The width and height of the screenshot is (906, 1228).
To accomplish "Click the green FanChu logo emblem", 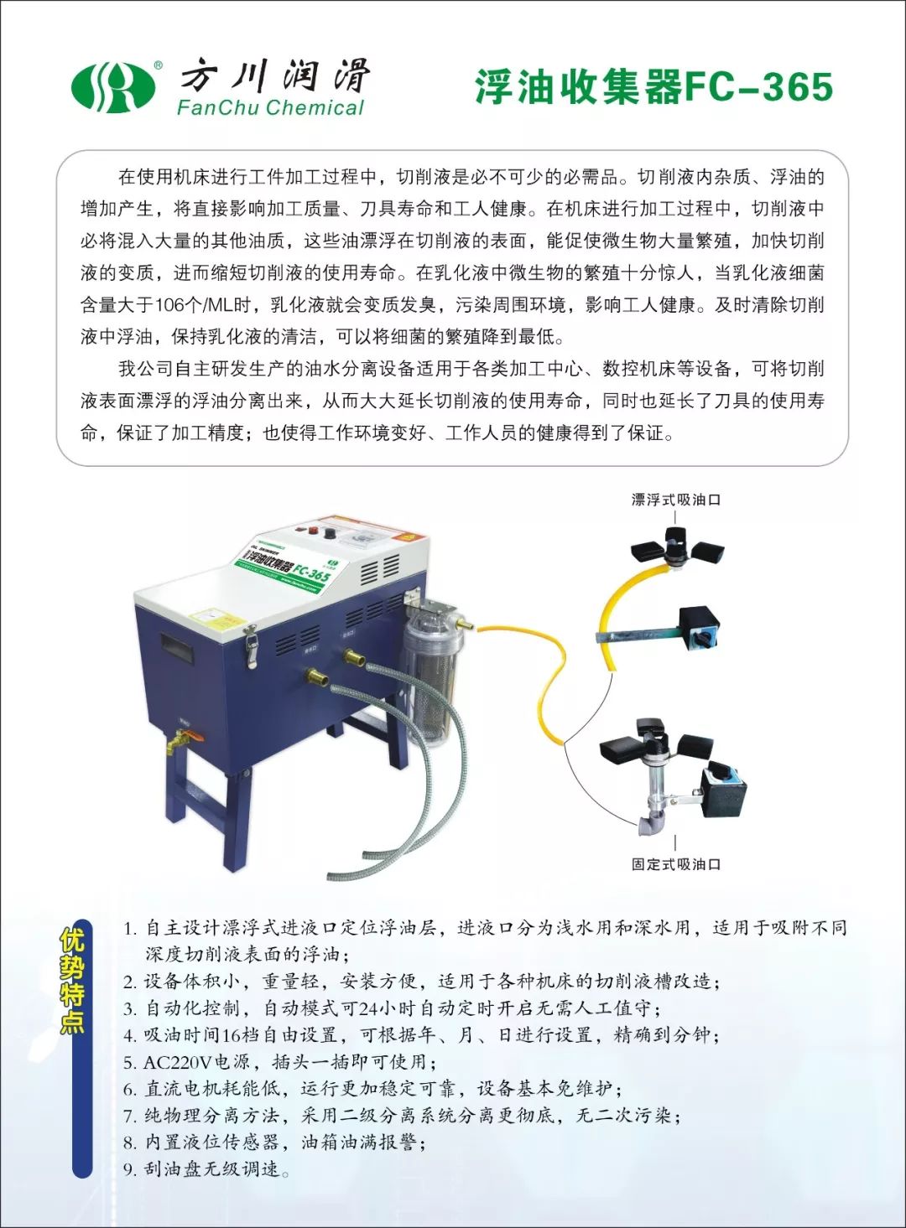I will click(113, 86).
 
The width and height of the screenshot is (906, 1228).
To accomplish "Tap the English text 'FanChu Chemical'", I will click(270, 108).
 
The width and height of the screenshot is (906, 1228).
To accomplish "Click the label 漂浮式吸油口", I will click(675, 500).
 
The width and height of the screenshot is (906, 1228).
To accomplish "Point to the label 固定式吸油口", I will click(675, 864).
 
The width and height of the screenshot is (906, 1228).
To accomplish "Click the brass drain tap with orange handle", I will click(181, 740).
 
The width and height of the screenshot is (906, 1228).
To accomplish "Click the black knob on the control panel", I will click(331, 533).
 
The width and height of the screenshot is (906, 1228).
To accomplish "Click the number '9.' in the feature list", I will click(130, 1169).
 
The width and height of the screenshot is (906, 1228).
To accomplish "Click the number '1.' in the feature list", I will click(130, 928).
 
